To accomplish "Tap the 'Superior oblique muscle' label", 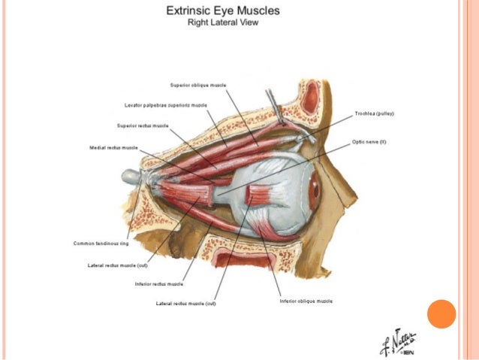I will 198,86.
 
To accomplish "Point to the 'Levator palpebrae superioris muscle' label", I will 166,104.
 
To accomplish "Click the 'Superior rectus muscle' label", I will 143,126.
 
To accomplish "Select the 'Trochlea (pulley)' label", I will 375,113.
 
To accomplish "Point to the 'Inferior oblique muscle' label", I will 306,301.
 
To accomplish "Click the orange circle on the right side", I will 441,313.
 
